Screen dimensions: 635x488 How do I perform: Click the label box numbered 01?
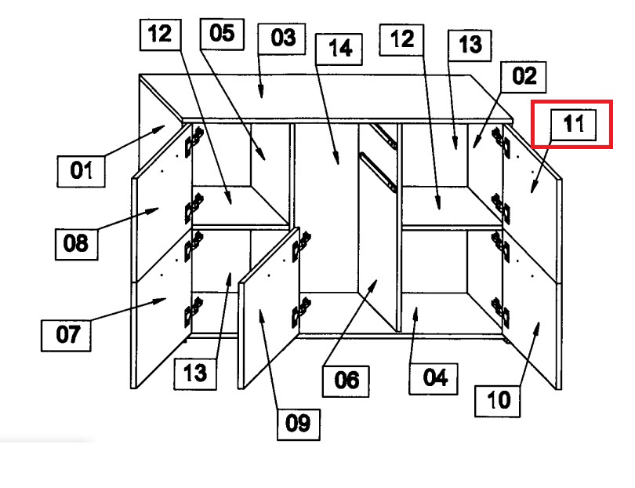coord(81,171)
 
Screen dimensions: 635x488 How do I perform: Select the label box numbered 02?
coord(523,77)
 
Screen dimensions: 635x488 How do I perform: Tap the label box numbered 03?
coord(282,39)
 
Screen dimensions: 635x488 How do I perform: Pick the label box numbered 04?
coord(434,379)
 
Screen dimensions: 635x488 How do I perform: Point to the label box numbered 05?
coord(222,34)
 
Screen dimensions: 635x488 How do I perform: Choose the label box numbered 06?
coord(346,381)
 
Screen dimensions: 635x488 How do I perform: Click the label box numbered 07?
coord(66,335)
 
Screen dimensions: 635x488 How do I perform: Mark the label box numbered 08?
coord(77,244)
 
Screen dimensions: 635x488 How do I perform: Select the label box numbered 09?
coord(299,424)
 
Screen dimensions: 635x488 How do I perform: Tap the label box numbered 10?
coord(497,401)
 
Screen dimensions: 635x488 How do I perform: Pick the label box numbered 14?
coord(339,49)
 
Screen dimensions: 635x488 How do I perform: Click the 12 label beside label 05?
coord(161,35)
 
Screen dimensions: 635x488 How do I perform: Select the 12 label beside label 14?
coord(401,40)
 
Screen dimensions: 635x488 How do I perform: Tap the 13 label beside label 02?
coord(470,46)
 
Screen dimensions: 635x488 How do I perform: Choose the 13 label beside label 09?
coord(195,373)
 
